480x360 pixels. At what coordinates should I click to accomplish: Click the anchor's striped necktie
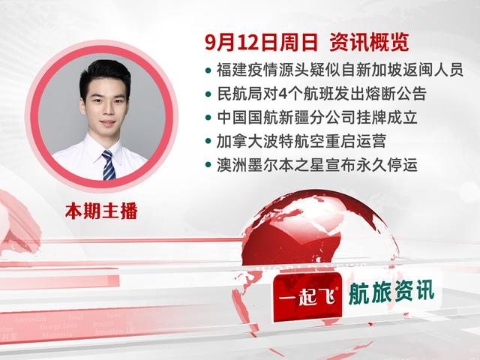click(109, 164)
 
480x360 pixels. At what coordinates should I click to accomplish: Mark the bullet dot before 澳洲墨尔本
click(208, 164)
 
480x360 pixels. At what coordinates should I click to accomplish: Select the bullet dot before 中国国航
click(208, 118)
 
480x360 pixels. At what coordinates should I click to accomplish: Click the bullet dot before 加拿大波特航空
click(208, 141)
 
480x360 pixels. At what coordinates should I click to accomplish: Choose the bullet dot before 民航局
click(208, 95)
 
